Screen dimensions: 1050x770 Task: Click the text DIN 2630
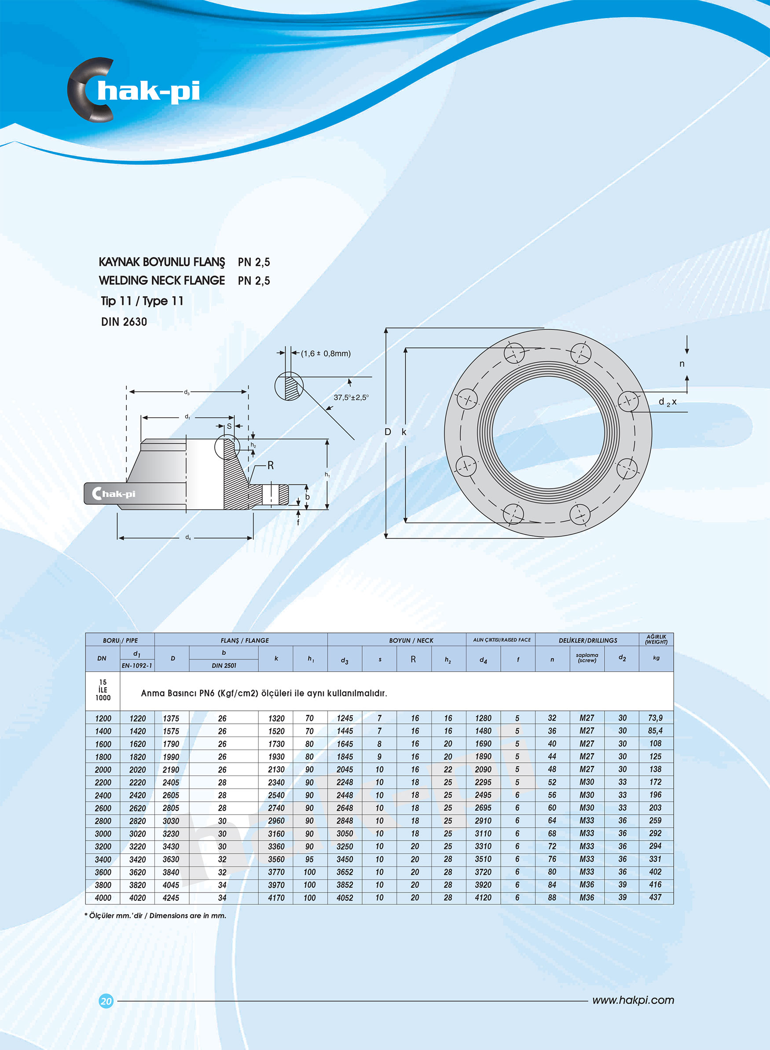124,322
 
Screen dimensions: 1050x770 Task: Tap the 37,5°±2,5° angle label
351,397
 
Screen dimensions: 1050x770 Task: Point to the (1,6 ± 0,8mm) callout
325,354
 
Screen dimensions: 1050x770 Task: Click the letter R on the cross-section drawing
270,465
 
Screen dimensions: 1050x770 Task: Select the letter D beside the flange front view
387,432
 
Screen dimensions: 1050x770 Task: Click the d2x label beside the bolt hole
667,402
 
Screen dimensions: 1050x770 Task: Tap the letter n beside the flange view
682,364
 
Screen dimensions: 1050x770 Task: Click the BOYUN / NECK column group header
411,640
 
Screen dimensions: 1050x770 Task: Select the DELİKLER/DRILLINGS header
587,640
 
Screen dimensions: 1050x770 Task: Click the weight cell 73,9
655,718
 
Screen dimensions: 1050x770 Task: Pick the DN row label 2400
103,796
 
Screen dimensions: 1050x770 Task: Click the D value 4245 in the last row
171,898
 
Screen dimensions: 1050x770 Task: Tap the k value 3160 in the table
276,834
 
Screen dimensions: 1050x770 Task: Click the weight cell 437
655,897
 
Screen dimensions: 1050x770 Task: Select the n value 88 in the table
552,898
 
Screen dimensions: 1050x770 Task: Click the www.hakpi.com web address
633,1000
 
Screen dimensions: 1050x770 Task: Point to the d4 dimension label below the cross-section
188,537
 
